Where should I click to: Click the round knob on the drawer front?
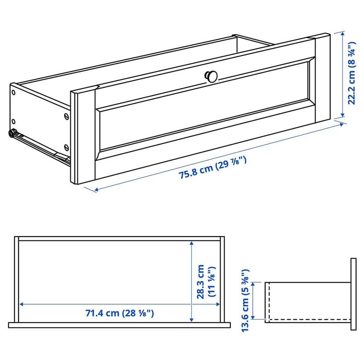[x=211, y=76]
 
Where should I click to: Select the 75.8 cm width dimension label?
[x=212, y=167]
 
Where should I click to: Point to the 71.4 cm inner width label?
[x=120, y=313]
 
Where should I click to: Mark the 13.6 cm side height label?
[x=245, y=301]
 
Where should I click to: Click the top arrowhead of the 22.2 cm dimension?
[x=342, y=34]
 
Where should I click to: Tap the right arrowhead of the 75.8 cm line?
[x=341, y=125]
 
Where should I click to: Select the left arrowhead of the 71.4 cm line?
[x=22, y=304]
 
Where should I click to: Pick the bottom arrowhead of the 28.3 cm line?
[x=191, y=320]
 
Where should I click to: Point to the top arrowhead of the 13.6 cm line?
[x=253, y=284]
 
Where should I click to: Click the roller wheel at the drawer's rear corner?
[x=11, y=133]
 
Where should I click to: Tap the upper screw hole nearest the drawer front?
[x=66, y=116]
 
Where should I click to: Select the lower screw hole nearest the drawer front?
[x=66, y=147]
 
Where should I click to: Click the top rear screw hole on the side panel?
[x=14, y=93]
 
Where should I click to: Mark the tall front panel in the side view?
[x=353, y=294]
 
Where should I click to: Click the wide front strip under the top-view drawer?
[x=120, y=325]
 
